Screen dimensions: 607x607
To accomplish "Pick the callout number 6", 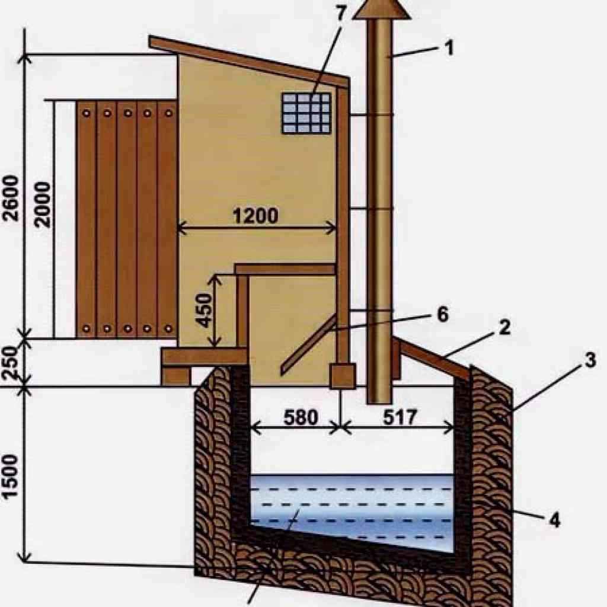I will point(443,315).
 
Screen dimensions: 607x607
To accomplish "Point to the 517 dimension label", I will point(401,418).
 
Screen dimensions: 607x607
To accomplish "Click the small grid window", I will point(306,113).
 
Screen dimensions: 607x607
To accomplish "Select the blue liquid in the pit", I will point(356,504).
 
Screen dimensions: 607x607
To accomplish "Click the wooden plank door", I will point(127,218).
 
